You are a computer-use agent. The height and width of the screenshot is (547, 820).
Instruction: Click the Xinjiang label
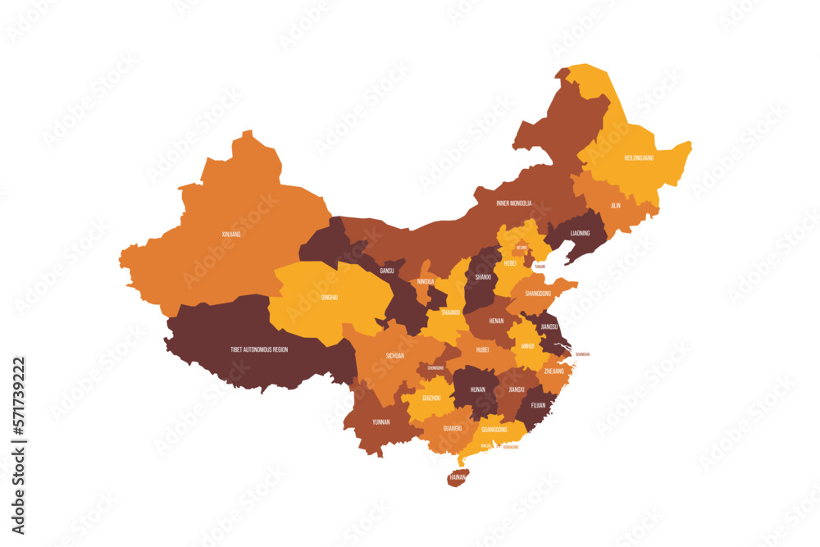click(231, 234)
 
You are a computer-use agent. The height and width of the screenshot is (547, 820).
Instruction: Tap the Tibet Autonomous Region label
click(259, 349)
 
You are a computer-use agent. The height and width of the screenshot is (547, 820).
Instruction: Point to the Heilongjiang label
click(639, 157)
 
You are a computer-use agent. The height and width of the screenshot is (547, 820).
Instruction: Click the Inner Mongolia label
click(514, 203)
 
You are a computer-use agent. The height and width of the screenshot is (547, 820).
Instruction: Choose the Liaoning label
click(580, 233)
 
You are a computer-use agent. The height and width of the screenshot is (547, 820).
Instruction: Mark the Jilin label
click(615, 205)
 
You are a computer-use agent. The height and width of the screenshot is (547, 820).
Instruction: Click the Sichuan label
click(395, 356)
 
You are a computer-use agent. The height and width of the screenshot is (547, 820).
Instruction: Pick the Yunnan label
click(381, 422)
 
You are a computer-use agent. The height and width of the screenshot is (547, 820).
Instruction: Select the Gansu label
click(387, 270)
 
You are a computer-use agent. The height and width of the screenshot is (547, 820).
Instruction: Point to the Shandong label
click(538, 293)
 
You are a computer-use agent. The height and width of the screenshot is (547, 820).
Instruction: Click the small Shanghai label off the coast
click(582, 354)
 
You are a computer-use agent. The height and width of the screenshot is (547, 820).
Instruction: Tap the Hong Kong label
click(510, 447)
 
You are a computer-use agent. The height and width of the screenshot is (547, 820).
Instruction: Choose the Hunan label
click(477, 390)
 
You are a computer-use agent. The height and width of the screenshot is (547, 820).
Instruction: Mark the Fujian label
click(538, 404)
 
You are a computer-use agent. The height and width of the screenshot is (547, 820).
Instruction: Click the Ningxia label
click(426, 281)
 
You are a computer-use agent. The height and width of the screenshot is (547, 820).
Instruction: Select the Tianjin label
click(539, 267)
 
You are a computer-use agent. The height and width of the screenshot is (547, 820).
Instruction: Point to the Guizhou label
click(431, 398)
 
